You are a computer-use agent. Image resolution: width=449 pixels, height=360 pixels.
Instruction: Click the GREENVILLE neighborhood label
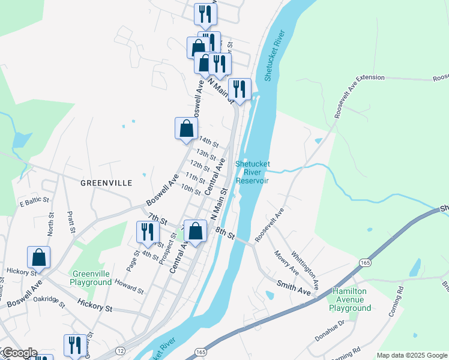click(x=106, y=182)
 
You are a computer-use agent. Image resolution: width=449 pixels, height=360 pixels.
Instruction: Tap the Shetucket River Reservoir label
click(x=253, y=172)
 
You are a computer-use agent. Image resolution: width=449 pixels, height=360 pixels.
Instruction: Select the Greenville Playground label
click(x=91, y=277)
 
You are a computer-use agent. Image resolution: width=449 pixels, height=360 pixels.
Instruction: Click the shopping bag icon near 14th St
click(x=186, y=128)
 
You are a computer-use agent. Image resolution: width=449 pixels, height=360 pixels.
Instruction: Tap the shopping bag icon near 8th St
click(x=195, y=231)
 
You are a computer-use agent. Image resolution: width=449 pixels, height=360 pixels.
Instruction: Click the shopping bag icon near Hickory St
click(x=38, y=258)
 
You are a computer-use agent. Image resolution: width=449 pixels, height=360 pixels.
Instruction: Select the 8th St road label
click(x=224, y=233)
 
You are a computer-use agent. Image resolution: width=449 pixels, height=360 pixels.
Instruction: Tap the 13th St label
click(x=206, y=154)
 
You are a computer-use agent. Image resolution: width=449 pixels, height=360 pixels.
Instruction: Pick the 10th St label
click(x=190, y=190)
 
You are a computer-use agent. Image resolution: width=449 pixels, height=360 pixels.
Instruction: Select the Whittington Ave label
click(x=304, y=266)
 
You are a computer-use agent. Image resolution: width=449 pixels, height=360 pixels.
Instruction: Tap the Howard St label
click(x=129, y=286)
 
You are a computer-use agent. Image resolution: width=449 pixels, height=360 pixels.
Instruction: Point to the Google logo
click(x=19, y=353)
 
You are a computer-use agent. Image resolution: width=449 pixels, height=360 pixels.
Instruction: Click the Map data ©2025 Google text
click(x=411, y=355)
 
